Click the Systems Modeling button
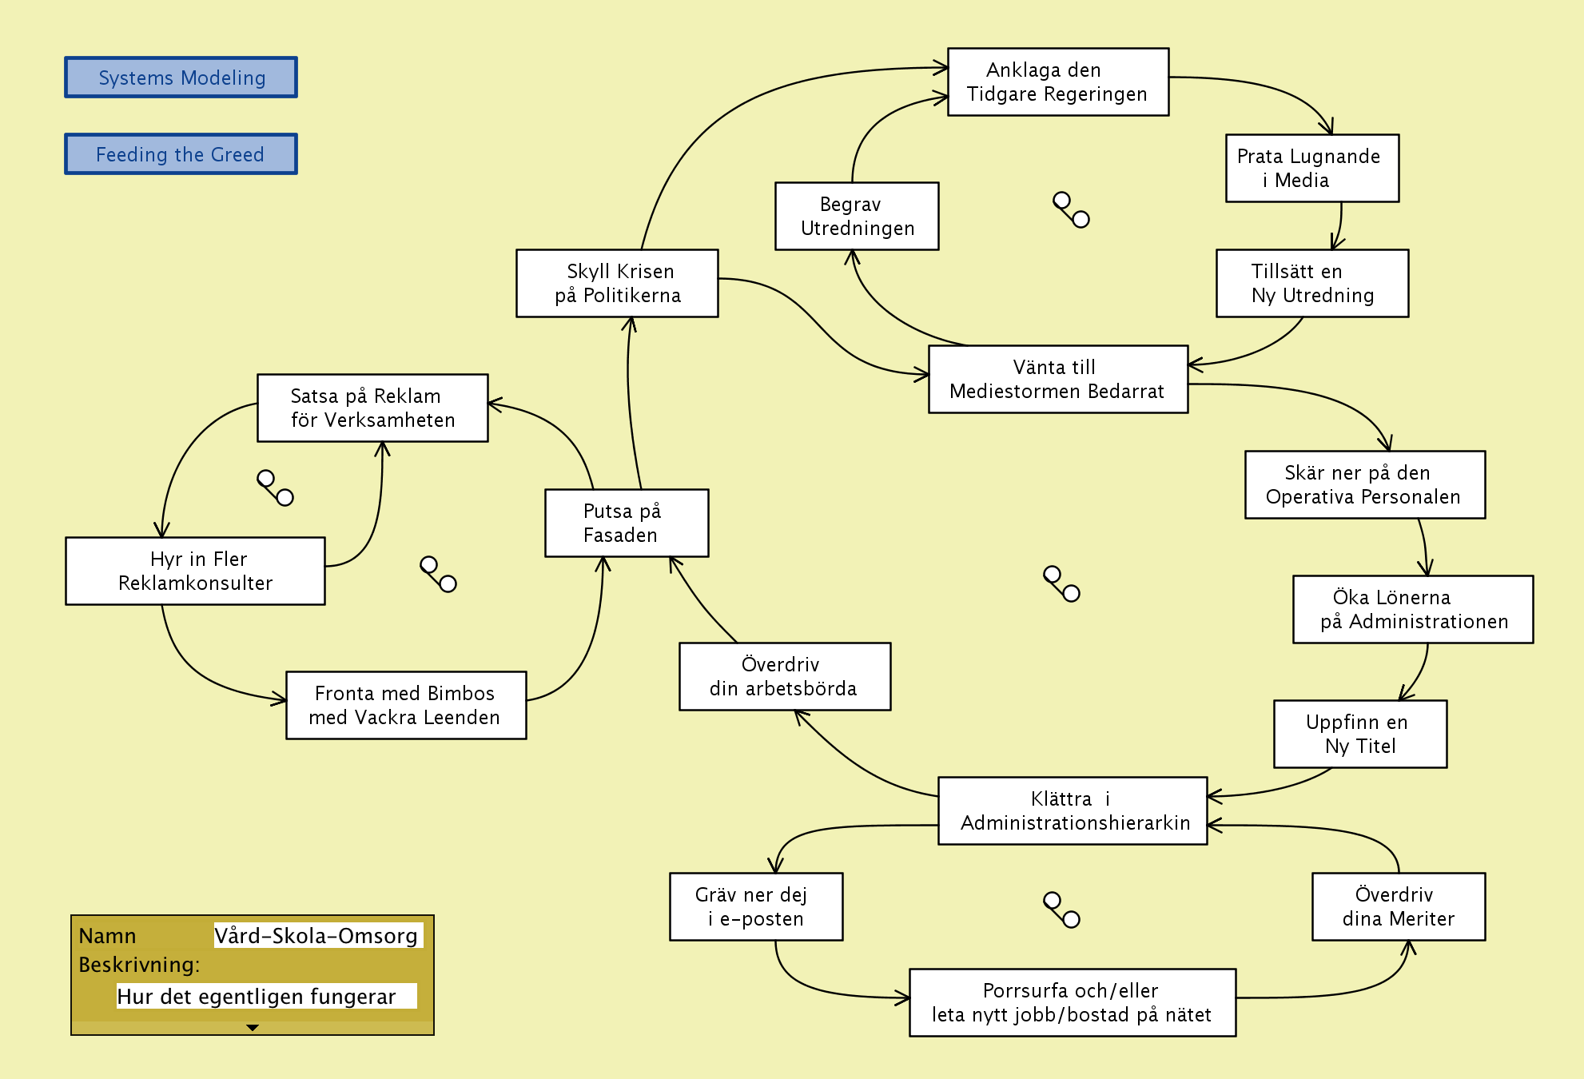pyautogui.click(x=181, y=78)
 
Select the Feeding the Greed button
pyautogui.click(x=181, y=154)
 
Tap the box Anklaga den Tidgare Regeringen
pyautogui.click(x=1057, y=82)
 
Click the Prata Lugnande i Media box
pyautogui.click(x=1311, y=169)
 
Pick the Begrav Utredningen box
pyautogui.click(x=856, y=217)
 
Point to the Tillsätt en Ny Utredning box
pyautogui.click(x=1311, y=284)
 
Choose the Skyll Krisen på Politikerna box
pyautogui.click(x=617, y=284)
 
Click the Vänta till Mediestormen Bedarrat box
pyautogui.click(x=1057, y=380)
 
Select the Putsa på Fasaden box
pyautogui.click(x=626, y=524)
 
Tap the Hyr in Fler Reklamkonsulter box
pyautogui.click(x=195, y=571)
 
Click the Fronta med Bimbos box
pyautogui.click(x=405, y=706)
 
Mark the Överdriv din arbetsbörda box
pyautogui.click(x=784, y=677)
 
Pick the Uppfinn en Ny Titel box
pyautogui.click(x=1359, y=735)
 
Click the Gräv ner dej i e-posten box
pyautogui.click(x=755, y=907)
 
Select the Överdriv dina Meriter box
pyautogui.click(x=1398, y=907)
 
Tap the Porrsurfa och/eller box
pyautogui.click(x=1072, y=1003)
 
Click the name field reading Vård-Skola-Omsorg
pyautogui.click(x=316, y=936)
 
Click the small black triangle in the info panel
pyautogui.click(x=253, y=1028)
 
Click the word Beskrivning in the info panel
pyautogui.click(x=138, y=966)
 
